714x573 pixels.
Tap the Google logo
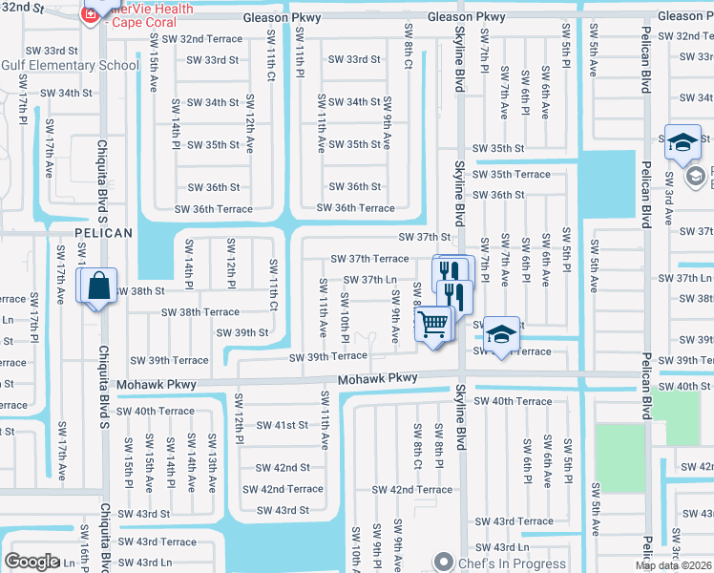pos(31,562)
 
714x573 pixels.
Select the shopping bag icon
pos(100,286)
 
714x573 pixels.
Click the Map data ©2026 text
pos(674,565)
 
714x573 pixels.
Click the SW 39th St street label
pos(242,332)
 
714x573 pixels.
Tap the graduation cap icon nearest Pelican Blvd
pos(682,142)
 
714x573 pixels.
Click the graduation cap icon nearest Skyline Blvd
pos(500,334)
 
